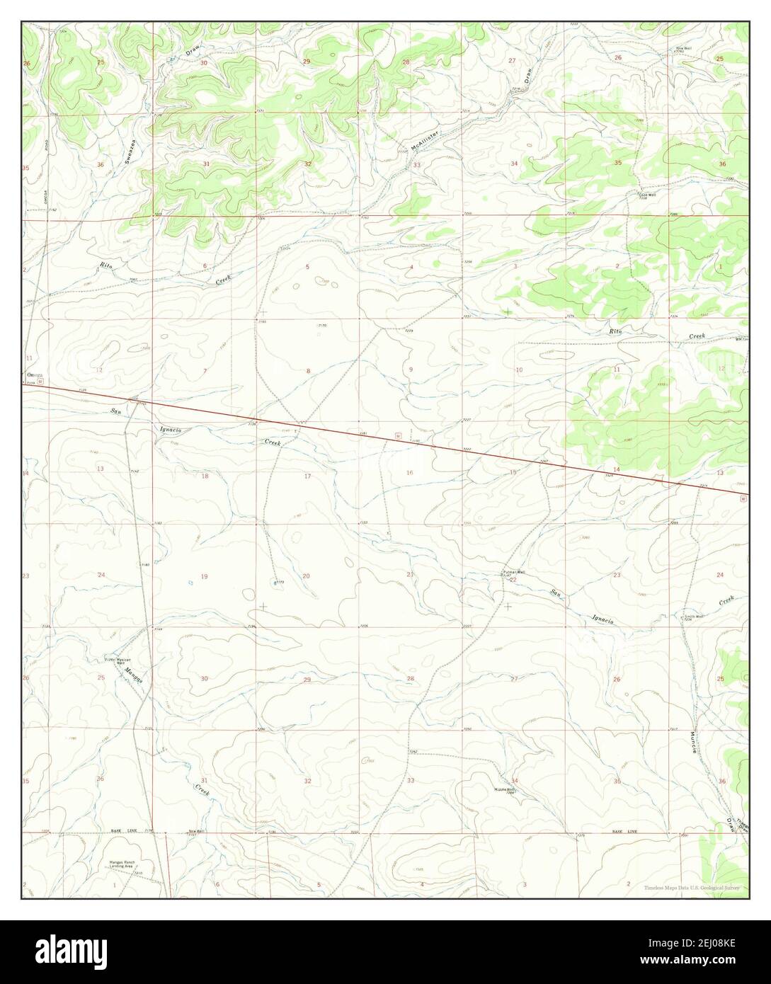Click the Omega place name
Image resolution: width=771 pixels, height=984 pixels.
pyautogui.click(x=34, y=374)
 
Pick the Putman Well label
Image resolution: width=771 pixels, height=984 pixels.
pyautogui.click(x=513, y=573)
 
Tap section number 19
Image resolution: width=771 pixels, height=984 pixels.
pyautogui.click(x=204, y=577)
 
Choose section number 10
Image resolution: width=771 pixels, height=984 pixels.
pyautogui.click(x=519, y=370)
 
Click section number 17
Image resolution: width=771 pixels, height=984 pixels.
pyautogui.click(x=307, y=476)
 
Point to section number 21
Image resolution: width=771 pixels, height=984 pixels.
pyautogui.click(x=410, y=574)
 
